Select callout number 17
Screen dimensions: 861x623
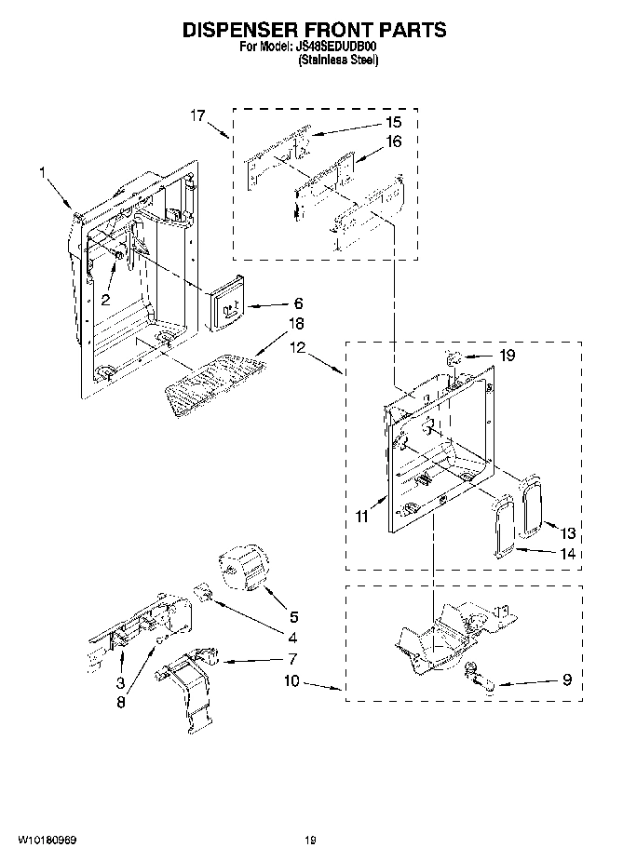196,115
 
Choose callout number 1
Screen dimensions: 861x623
43,171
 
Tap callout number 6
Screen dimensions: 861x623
298,303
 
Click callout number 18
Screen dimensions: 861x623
296,323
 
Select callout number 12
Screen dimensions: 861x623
296,346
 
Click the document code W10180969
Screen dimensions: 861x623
46,840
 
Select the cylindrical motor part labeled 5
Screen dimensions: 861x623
242,569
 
